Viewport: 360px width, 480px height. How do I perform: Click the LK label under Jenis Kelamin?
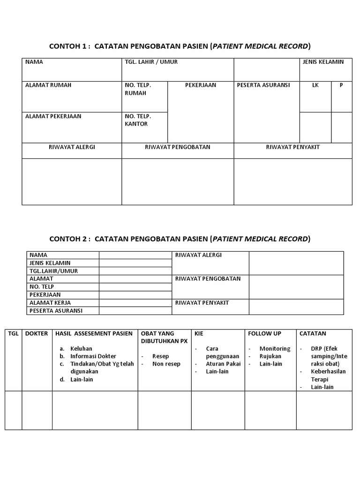coord(315,85)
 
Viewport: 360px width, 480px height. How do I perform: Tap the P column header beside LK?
coord(341,85)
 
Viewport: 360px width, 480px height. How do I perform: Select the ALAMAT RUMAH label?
coord(48,85)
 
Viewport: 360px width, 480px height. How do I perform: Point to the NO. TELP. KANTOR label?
coord(136,120)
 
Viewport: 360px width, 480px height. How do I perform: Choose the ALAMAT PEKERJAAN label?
coord(53,116)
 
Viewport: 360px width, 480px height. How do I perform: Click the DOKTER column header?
coord(36,333)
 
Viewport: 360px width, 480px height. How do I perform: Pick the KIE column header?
coord(199,333)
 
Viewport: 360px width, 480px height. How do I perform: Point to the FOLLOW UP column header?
coord(265,333)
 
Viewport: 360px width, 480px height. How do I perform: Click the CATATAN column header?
coord(313,333)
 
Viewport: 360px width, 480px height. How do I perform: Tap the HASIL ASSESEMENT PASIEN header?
coord(94,333)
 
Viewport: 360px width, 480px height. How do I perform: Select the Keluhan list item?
coord(81,349)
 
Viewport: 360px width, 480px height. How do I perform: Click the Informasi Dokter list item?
coord(93,356)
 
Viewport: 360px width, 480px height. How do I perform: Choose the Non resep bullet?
coord(166,364)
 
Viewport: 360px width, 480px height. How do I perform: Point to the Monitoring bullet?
coord(275,349)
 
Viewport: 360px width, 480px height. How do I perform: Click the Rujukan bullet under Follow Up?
coord(270,356)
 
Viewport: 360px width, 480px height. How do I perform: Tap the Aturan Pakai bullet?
coord(223,364)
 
